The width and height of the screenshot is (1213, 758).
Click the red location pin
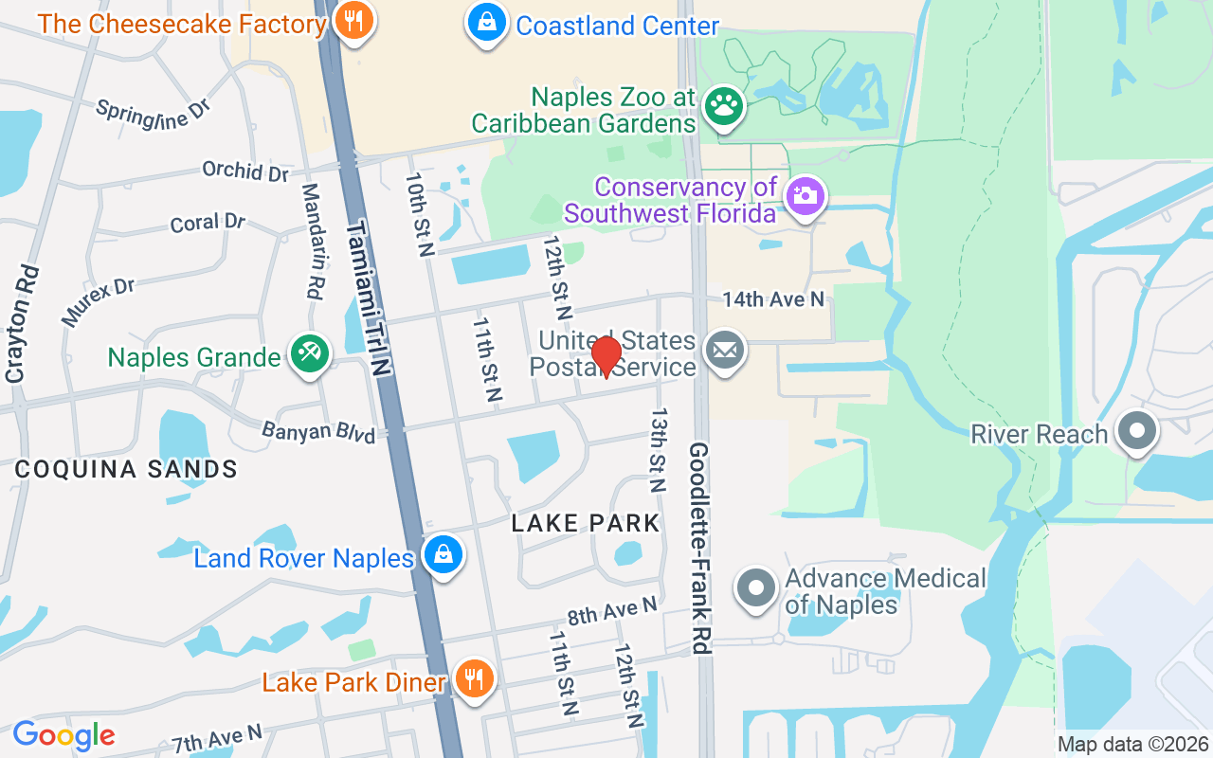click(606, 356)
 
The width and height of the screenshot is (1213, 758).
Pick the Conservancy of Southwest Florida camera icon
click(805, 197)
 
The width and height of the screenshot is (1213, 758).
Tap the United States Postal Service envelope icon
click(725, 352)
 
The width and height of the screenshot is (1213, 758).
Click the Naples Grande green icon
click(309, 355)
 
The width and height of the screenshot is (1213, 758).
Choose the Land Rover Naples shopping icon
click(443, 555)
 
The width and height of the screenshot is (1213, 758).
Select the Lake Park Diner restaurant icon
click(471, 679)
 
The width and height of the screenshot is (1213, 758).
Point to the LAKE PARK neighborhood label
click(586, 523)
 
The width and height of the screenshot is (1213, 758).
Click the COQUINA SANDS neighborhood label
click(126, 469)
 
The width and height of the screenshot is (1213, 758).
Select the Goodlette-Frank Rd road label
click(699, 548)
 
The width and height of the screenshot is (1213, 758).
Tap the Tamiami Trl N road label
click(370, 299)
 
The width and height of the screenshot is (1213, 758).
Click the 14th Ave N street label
click(773, 299)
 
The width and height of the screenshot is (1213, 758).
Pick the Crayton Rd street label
click(24, 324)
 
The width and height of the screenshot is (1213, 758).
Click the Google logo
click(63, 735)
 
